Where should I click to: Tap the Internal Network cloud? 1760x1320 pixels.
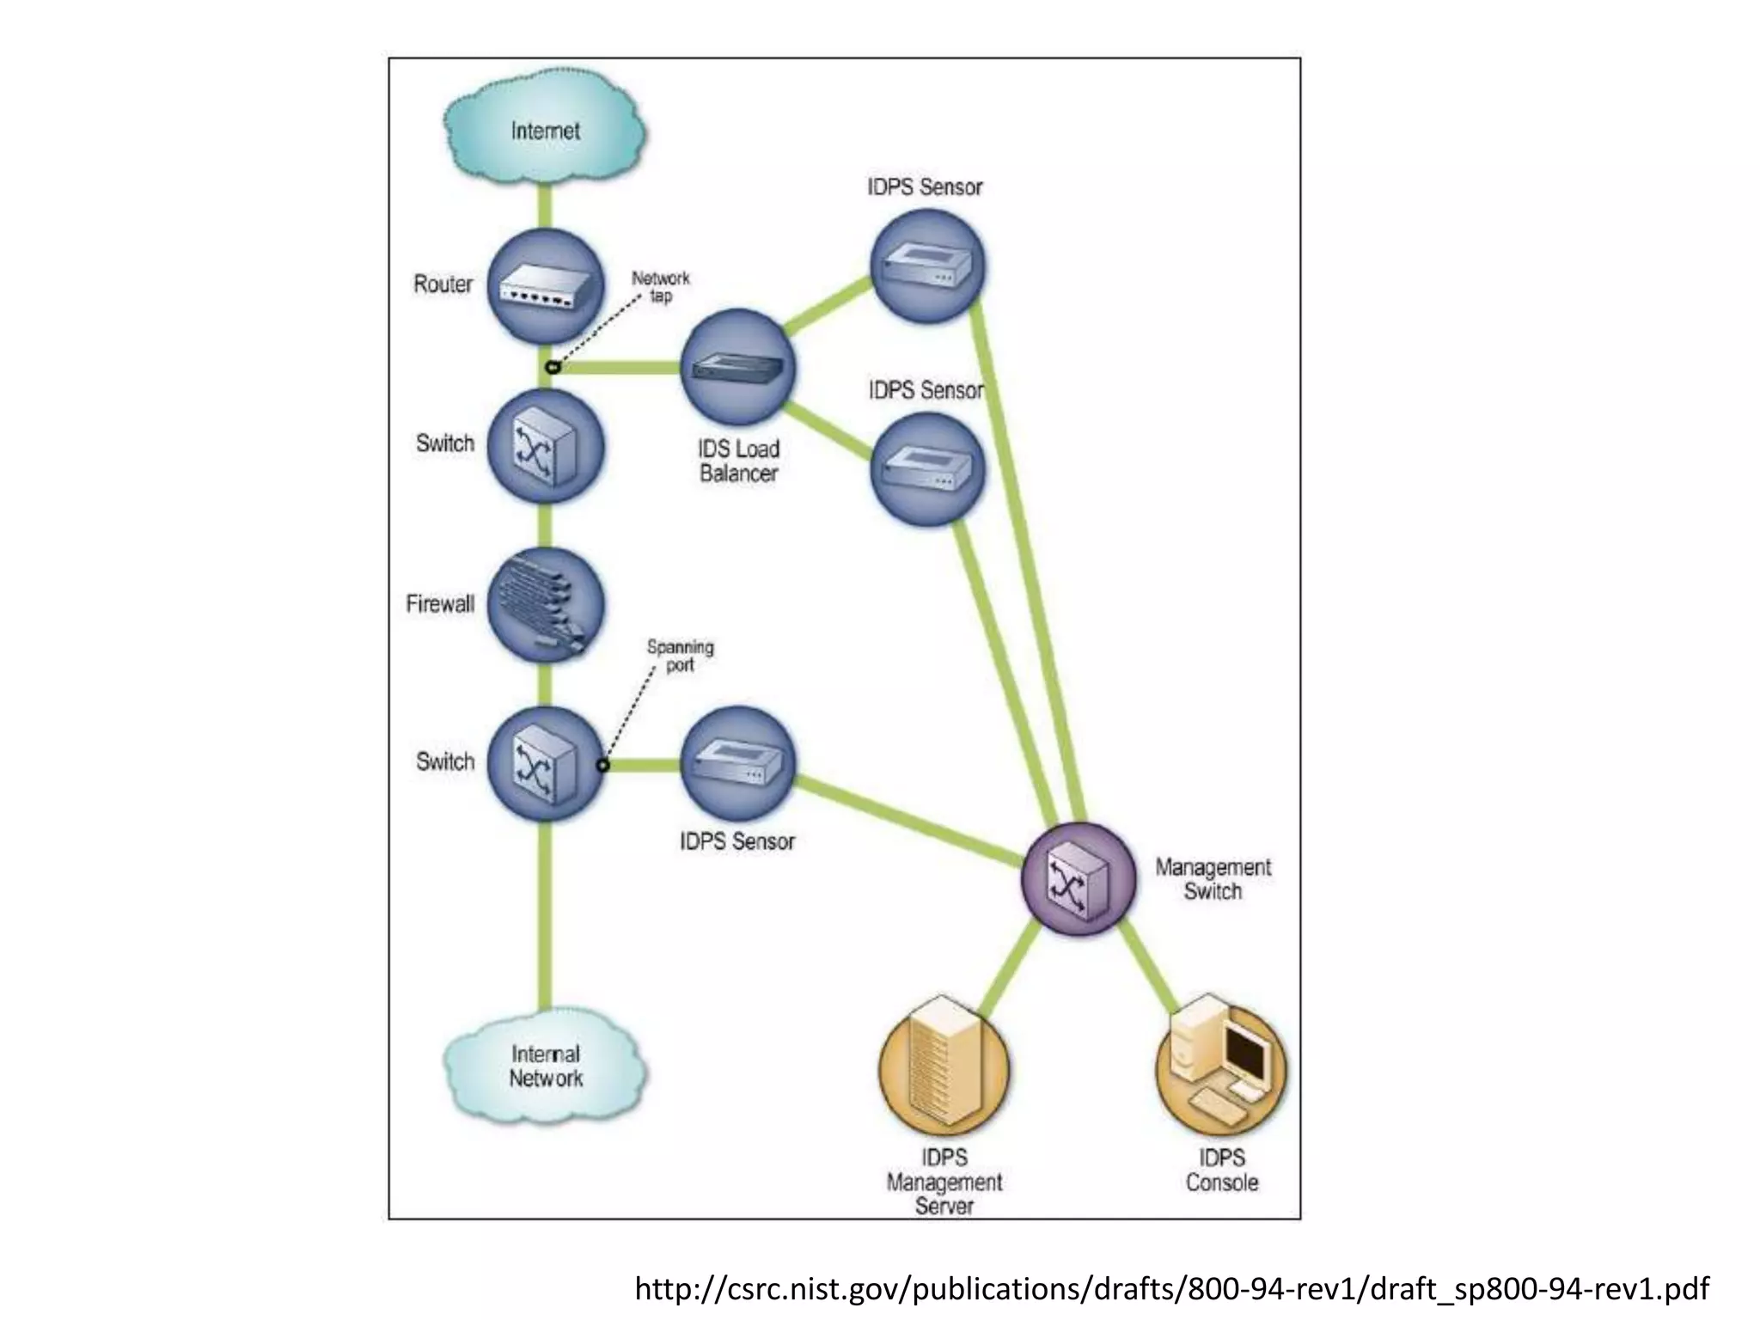[545, 1066]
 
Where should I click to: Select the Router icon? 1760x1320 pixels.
[545, 286]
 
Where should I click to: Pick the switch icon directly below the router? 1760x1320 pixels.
[545, 446]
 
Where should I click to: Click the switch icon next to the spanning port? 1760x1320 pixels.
[545, 763]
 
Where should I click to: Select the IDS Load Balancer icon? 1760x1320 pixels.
[737, 368]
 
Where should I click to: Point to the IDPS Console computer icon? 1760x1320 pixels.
[1220, 1066]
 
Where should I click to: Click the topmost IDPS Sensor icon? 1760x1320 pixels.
[926, 266]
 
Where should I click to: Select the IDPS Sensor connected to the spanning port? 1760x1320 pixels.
[737, 763]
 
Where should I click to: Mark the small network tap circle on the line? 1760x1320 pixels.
[553, 368]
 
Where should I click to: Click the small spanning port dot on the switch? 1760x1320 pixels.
[603, 765]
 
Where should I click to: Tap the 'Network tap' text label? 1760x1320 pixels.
[660, 287]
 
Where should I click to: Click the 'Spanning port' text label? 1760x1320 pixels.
[680, 656]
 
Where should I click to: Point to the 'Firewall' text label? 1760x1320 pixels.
[440, 604]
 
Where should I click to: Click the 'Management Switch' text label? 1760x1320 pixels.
[1212, 879]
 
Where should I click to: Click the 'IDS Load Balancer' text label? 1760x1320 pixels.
[738, 461]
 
